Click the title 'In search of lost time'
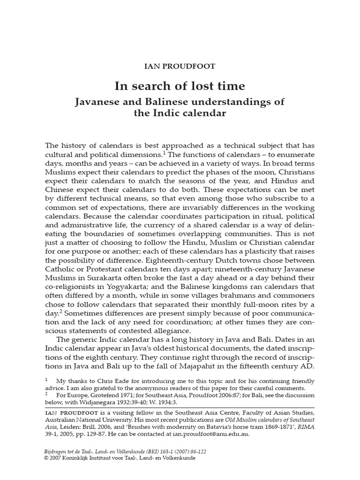180,86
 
